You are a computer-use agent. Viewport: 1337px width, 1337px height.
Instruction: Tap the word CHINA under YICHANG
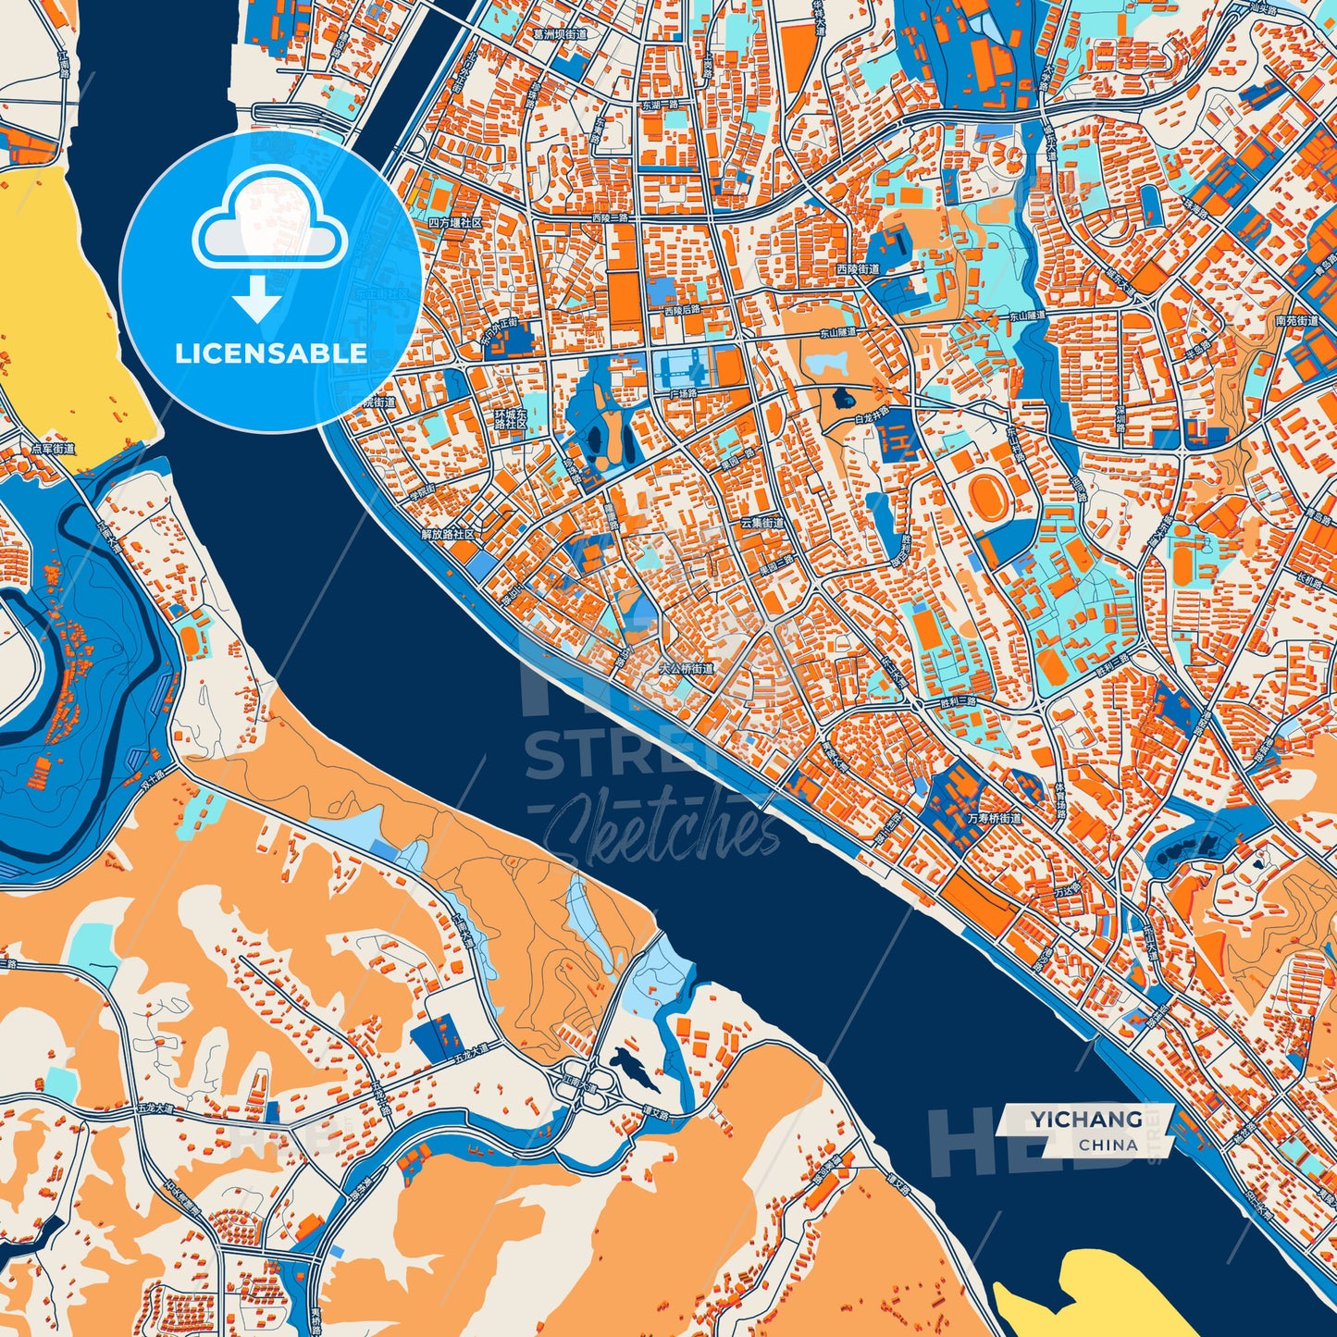coord(1108,1145)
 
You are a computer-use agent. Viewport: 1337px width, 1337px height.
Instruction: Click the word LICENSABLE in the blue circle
coord(270,353)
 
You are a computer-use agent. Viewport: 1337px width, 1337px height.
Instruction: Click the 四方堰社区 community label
coord(455,224)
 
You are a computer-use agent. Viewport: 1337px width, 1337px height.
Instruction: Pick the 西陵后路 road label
coord(682,310)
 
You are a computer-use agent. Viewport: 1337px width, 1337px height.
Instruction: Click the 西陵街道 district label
coord(858,269)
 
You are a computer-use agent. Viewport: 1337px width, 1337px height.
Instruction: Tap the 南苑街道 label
coord(1295,321)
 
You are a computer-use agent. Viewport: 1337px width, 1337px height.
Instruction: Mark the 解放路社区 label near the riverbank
coord(448,535)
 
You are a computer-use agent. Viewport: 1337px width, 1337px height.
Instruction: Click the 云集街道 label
coord(761,523)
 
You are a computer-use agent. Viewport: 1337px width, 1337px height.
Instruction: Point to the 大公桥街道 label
coord(686,667)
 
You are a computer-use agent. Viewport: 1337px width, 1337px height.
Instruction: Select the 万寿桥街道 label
coord(995,818)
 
